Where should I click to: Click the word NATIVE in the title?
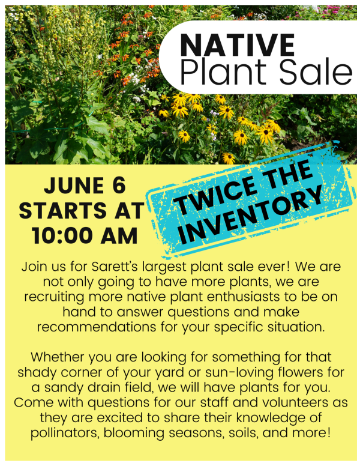(x=238, y=46)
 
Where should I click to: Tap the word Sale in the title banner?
(x=320, y=72)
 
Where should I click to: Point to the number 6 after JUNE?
(x=118, y=186)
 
